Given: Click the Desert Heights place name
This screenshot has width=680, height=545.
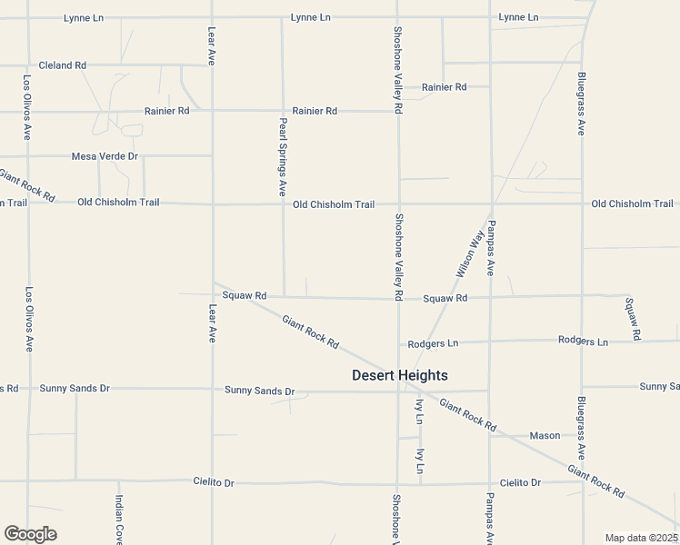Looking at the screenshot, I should coord(400,375).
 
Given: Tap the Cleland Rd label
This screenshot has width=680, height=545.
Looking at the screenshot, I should coord(62,65).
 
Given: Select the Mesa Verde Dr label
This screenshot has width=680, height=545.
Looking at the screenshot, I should coord(105,156).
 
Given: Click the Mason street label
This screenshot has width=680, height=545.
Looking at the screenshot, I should coord(545,435).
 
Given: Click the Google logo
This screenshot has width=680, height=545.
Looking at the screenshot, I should coord(30,534).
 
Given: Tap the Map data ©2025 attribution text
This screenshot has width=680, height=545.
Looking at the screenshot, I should coord(640,538).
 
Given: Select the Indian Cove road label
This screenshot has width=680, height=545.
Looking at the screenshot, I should coord(118,520).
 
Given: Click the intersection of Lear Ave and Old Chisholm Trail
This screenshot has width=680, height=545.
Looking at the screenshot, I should coord(213,203).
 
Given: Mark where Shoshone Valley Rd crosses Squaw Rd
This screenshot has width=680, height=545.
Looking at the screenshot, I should coord(397,297).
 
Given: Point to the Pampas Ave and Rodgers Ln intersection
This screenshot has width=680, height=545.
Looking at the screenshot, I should coord(490,342).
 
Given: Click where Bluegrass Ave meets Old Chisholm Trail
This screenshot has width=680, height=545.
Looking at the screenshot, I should coord(582,203).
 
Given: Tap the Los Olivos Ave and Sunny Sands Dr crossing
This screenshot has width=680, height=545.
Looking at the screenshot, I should coord(28,389).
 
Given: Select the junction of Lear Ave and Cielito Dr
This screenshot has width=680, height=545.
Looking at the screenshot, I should coord(213,481).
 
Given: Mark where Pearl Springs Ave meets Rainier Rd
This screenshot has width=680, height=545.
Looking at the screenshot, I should coord(283,111).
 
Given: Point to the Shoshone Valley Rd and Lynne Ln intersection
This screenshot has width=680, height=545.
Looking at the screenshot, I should coord(396,16).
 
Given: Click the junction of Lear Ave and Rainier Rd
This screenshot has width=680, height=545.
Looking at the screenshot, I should coord(213,111).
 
